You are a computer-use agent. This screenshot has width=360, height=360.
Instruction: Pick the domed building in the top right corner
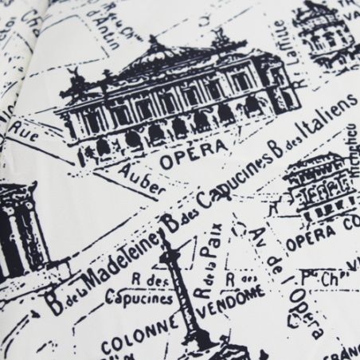(x=319, y=28)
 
